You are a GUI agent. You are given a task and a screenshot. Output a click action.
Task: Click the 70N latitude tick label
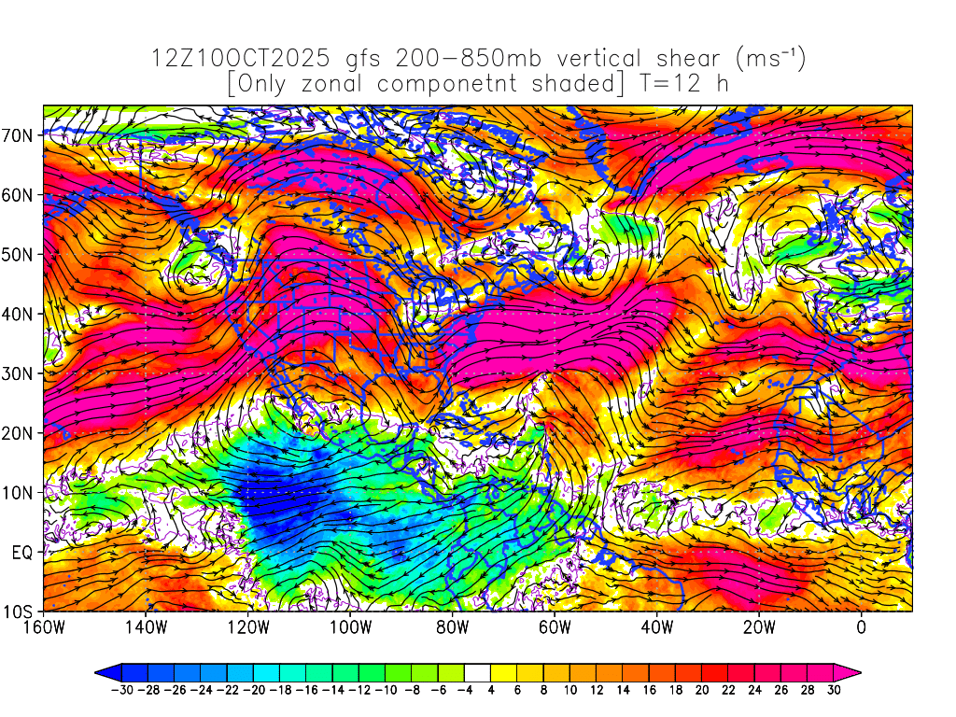click(21, 134)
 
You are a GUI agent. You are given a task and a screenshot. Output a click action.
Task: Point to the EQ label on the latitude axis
click(23, 552)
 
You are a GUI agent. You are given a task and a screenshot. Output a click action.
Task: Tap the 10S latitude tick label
click(21, 612)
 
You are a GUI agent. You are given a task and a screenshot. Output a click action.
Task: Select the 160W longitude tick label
click(44, 627)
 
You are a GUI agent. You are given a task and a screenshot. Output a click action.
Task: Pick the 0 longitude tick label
click(861, 627)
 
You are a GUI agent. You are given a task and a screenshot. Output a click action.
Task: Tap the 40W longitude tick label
click(656, 627)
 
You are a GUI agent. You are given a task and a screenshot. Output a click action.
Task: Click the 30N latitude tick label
click(21, 373)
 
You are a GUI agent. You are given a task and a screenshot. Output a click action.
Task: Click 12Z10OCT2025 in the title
click(240, 59)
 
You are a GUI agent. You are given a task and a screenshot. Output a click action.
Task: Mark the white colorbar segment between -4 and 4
click(477, 671)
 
